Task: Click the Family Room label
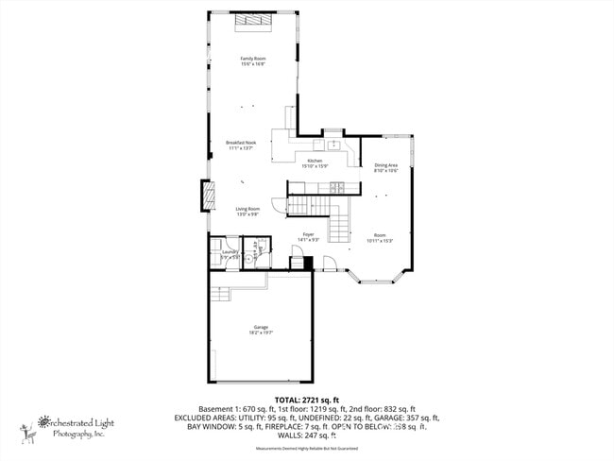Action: [x=252, y=61]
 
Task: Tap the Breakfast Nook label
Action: [x=241, y=145]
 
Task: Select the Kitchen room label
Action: [x=315, y=162]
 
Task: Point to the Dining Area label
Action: [x=385, y=167]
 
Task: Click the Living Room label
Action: [x=247, y=211]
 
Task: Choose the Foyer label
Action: [x=309, y=236]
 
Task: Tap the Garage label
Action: [x=261, y=330]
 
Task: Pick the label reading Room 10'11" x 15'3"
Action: [x=380, y=237]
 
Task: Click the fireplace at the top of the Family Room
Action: [x=253, y=21]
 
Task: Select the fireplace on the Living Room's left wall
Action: [x=201, y=196]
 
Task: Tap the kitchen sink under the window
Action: [x=333, y=145]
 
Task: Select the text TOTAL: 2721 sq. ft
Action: [x=306, y=400]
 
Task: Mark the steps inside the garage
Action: [x=220, y=295]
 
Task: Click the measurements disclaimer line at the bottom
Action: [x=306, y=449]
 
